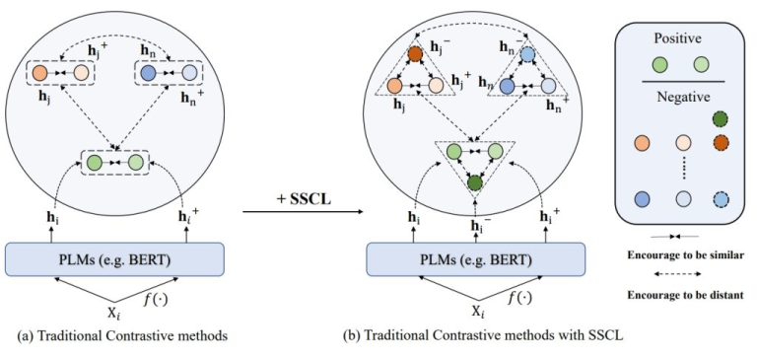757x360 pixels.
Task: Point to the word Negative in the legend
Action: pos(678,97)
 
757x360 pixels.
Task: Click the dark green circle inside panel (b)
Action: pos(475,182)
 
